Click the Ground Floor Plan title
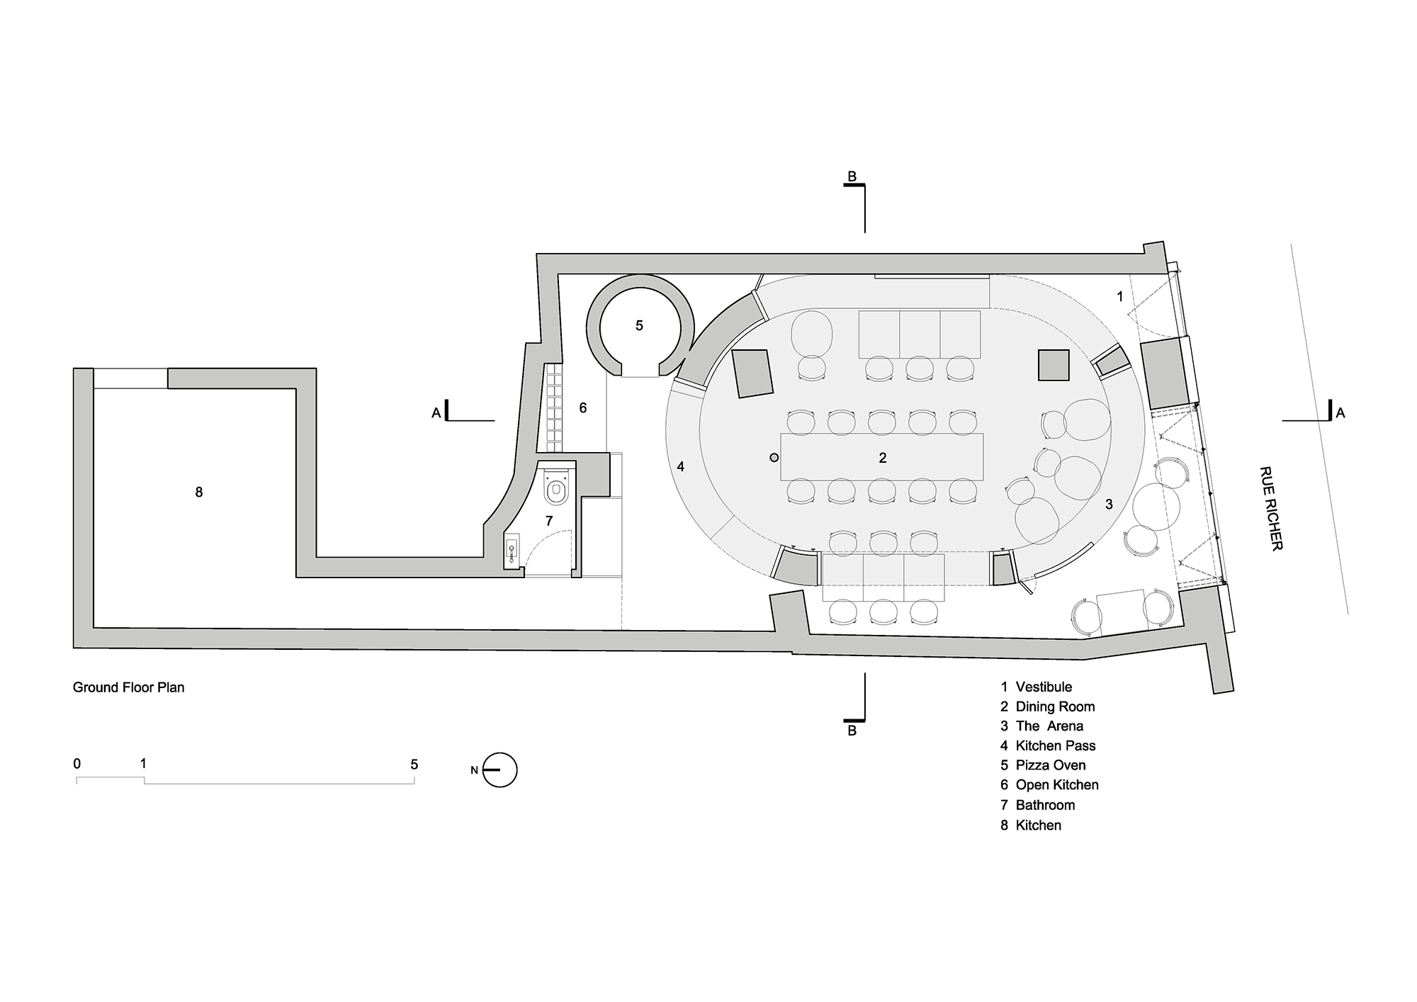[128, 687]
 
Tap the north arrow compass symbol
[499, 770]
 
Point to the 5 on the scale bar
[414, 765]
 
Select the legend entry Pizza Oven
[1049, 765]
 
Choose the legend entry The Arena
[1049, 726]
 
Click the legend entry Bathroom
[1044, 805]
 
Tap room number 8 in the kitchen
[199, 492]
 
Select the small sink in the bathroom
[512, 552]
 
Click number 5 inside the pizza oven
[639, 326]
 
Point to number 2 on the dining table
[883, 458]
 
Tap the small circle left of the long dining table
[774, 458]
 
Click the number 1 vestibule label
[1120, 296]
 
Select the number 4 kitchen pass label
[680, 466]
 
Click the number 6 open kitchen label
[583, 408]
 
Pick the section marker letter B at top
[852, 176]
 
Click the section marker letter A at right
[1340, 412]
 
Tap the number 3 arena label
[1109, 505]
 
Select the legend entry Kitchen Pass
[1054, 745]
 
